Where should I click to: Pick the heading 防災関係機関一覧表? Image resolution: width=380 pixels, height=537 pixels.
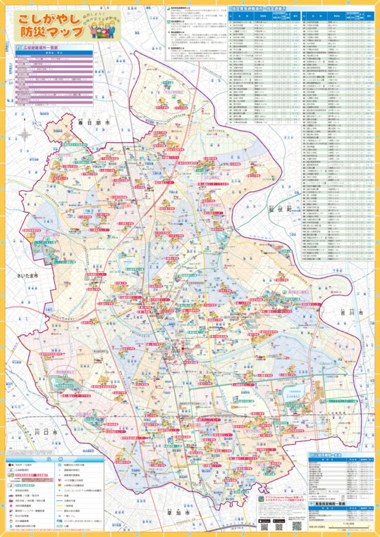click(x=331, y=456)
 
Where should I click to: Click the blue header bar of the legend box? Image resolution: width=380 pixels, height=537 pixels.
click(x=53, y=458)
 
